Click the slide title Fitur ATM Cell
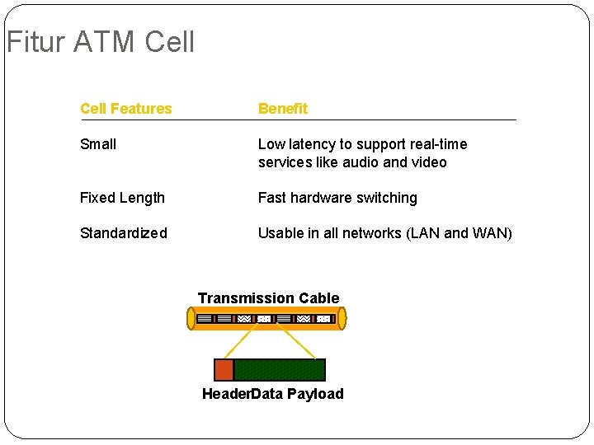(101, 41)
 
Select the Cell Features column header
(126, 109)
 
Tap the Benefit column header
(282, 109)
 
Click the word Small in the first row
(98, 144)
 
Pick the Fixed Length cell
(122, 198)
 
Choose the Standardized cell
(124, 233)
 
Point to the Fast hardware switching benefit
(337, 198)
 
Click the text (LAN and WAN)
(459, 233)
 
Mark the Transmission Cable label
(268, 298)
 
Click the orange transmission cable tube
(266, 318)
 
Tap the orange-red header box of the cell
(224, 370)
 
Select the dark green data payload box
(280, 370)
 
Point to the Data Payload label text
(297, 394)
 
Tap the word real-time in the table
(439, 144)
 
